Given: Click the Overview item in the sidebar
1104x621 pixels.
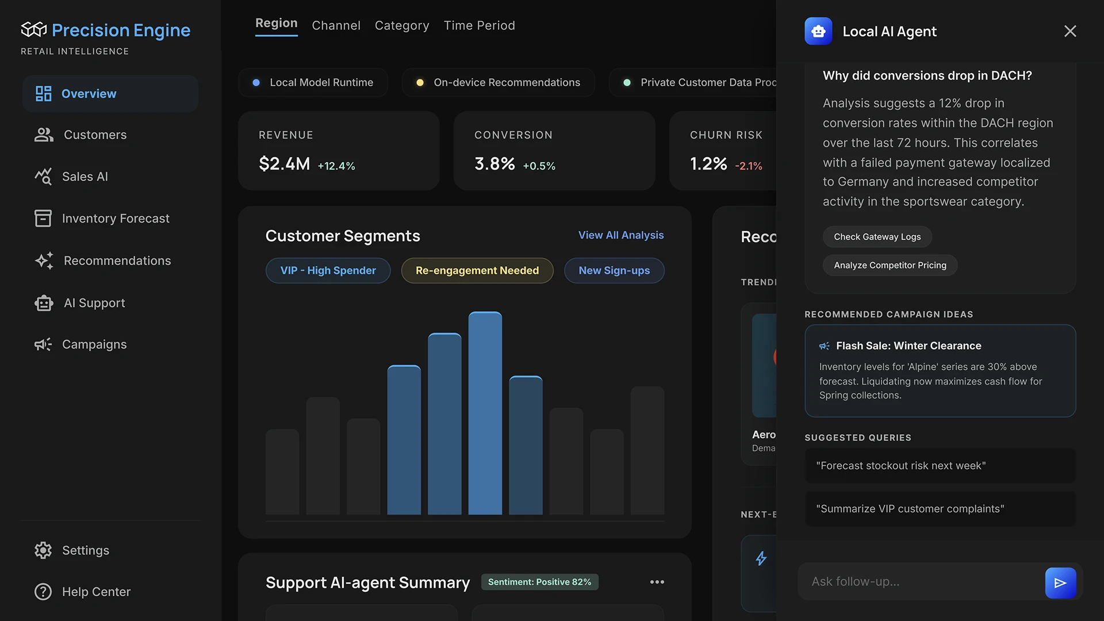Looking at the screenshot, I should [x=89, y=94].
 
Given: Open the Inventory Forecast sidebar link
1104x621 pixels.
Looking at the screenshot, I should [x=115, y=218].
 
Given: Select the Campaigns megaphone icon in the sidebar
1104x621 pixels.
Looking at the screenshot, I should [x=43, y=344].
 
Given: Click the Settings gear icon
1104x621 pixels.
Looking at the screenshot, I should [x=43, y=550].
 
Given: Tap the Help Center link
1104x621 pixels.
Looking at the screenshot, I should [x=96, y=592].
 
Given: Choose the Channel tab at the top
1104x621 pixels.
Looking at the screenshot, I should [x=336, y=25].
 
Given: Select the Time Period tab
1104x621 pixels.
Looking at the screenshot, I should [x=479, y=25].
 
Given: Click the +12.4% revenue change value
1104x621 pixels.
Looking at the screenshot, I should [x=336, y=166].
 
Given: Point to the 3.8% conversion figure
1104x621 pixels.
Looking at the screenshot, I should [x=494, y=164].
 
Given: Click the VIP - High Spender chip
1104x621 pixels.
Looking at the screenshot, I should [x=328, y=270].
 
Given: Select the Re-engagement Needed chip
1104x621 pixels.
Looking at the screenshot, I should [x=477, y=270].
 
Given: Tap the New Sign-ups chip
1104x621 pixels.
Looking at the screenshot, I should [x=614, y=270].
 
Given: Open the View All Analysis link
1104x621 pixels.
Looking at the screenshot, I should [x=620, y=235].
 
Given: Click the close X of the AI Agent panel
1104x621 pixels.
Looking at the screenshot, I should [x=1069, y=31].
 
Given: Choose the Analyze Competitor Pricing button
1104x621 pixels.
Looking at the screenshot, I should [x=890, y=265].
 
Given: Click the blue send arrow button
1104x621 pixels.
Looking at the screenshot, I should [x=1060, y=582].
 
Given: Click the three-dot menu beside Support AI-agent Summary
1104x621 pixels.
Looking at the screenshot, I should [x=657, y=582].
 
